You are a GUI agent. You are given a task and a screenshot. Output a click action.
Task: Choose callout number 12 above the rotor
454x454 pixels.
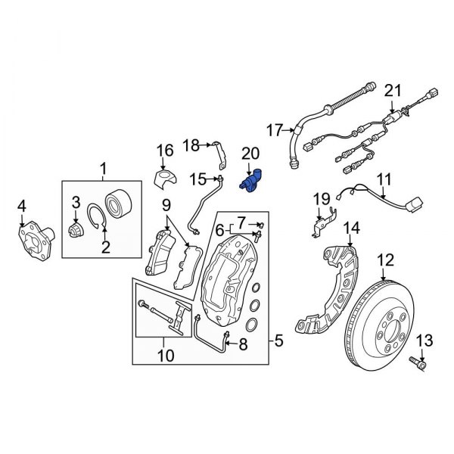tap(386, 260)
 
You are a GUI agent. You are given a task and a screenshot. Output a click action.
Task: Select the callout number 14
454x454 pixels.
tap(351, 229)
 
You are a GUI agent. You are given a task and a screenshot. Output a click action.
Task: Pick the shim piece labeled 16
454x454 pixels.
tap(164, 179)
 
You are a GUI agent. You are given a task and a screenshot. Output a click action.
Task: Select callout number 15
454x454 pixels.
tap(198, 179)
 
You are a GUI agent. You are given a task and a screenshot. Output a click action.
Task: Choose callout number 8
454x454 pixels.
tap(243, 345)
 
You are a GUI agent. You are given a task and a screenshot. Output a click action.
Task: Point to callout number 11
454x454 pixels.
tap(384, 179)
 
